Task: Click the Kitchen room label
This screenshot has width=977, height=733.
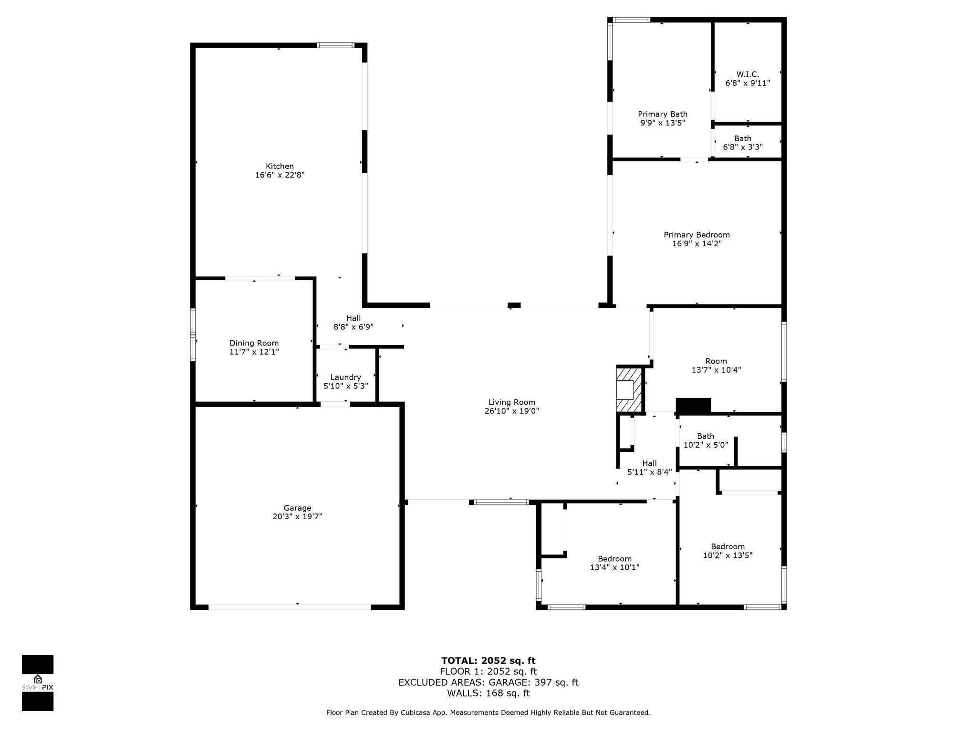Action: pos(280,166)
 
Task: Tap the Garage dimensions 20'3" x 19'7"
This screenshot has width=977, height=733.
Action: pos(297,516)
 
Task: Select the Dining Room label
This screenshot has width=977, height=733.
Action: pos(254,343)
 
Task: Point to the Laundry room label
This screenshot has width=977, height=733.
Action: pos(345,377)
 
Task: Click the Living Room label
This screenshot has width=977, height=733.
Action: pos(512,402)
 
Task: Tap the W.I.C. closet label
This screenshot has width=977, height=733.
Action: pos(748,74)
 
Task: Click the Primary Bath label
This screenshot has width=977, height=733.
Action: pos(663,114)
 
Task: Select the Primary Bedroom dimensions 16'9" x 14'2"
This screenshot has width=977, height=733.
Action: pos(696,243)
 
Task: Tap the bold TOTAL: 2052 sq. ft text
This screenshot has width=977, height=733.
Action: pos(488,660)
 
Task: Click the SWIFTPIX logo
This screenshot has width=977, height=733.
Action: pos(38,683)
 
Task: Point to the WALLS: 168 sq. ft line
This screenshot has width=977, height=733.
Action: pos(488,693)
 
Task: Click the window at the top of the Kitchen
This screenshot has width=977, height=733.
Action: pos(336,45)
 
